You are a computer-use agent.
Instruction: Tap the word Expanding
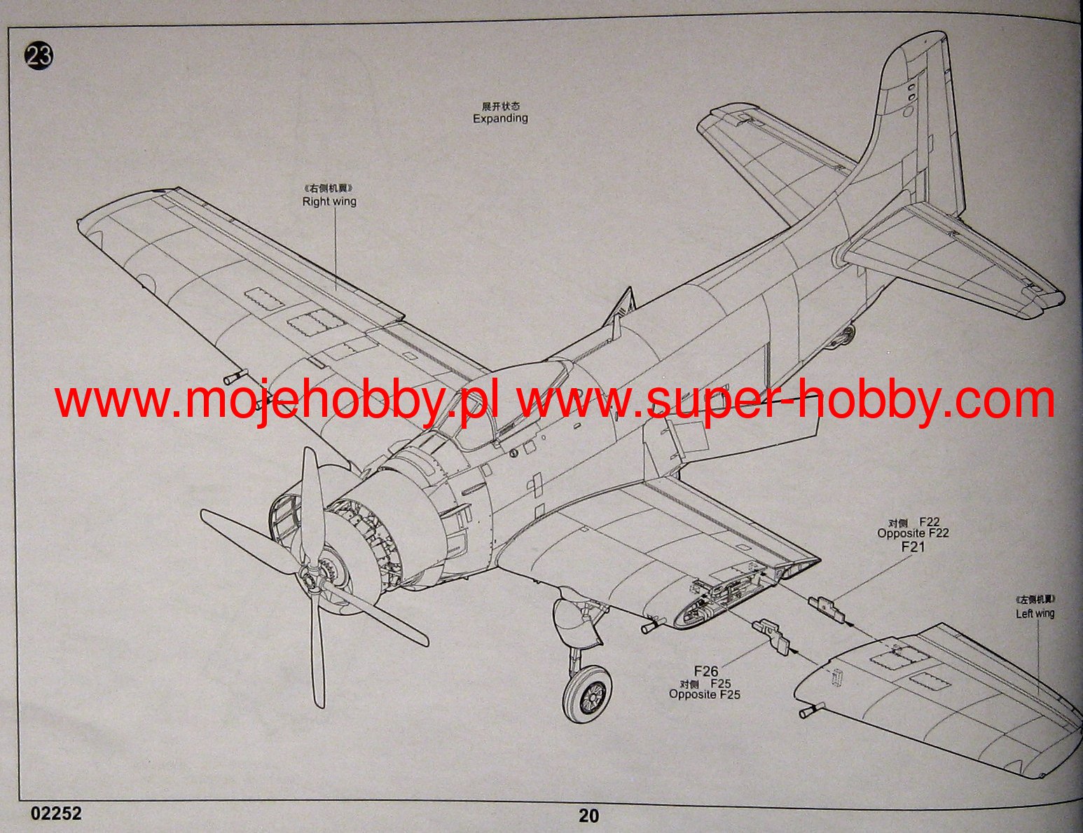(500, 118)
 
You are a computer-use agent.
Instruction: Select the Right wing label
(329, 201)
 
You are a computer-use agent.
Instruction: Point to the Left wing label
(1035, 613)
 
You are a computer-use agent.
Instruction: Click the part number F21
(913, 546)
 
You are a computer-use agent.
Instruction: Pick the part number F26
(705, 671)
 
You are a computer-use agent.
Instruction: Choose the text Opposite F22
(913, 533)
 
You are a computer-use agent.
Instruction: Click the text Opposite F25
(704, 694)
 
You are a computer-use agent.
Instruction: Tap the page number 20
(588, 815)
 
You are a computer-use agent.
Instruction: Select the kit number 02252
(56, 813)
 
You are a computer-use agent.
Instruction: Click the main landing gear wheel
(587, 694)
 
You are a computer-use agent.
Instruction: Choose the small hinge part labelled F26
(771, 634)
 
